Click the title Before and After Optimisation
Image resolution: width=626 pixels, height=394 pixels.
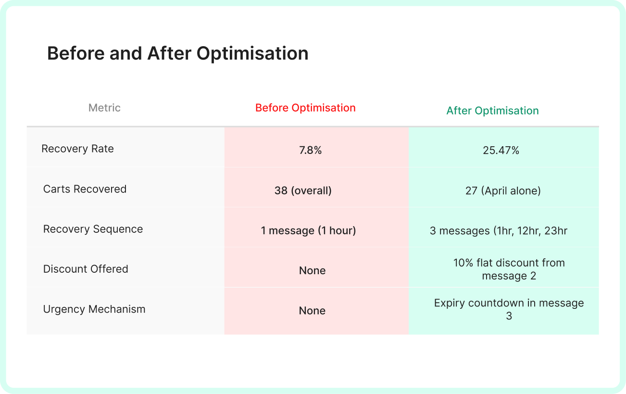tap(178, 53)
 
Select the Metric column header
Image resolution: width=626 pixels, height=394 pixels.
tap(104, 108)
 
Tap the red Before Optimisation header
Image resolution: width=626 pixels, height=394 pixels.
tap(305, 108)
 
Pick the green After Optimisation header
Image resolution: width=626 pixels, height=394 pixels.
tap(492, 111)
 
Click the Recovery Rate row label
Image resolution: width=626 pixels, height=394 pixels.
tap(77, 149)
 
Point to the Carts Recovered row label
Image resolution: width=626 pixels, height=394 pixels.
tap(85, 189)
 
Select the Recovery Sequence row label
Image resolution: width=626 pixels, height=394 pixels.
tap(93, 229)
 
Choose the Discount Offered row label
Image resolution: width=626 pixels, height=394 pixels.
tap(86, 269)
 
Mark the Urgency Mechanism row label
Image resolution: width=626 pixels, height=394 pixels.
tap(94, 309)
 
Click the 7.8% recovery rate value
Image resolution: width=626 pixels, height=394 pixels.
tap(310, 151)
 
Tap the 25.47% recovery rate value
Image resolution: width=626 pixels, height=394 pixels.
tap(501, 151)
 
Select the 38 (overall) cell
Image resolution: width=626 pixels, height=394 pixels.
tap(303, 191)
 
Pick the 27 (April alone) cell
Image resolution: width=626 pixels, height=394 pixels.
tap(503, 191)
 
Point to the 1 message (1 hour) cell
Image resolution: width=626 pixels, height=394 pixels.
tap(308, 231)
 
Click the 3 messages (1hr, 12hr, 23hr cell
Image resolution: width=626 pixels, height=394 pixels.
tap(499, 231)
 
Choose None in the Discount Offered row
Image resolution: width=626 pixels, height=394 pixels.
tap(312, 271)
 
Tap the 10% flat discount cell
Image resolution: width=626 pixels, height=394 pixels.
tap(509, 269)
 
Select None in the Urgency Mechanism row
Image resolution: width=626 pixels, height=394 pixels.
tap(312, 311)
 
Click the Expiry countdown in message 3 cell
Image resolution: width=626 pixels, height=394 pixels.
tap(509, 309)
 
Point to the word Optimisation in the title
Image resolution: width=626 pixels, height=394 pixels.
tap(252, 53)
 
